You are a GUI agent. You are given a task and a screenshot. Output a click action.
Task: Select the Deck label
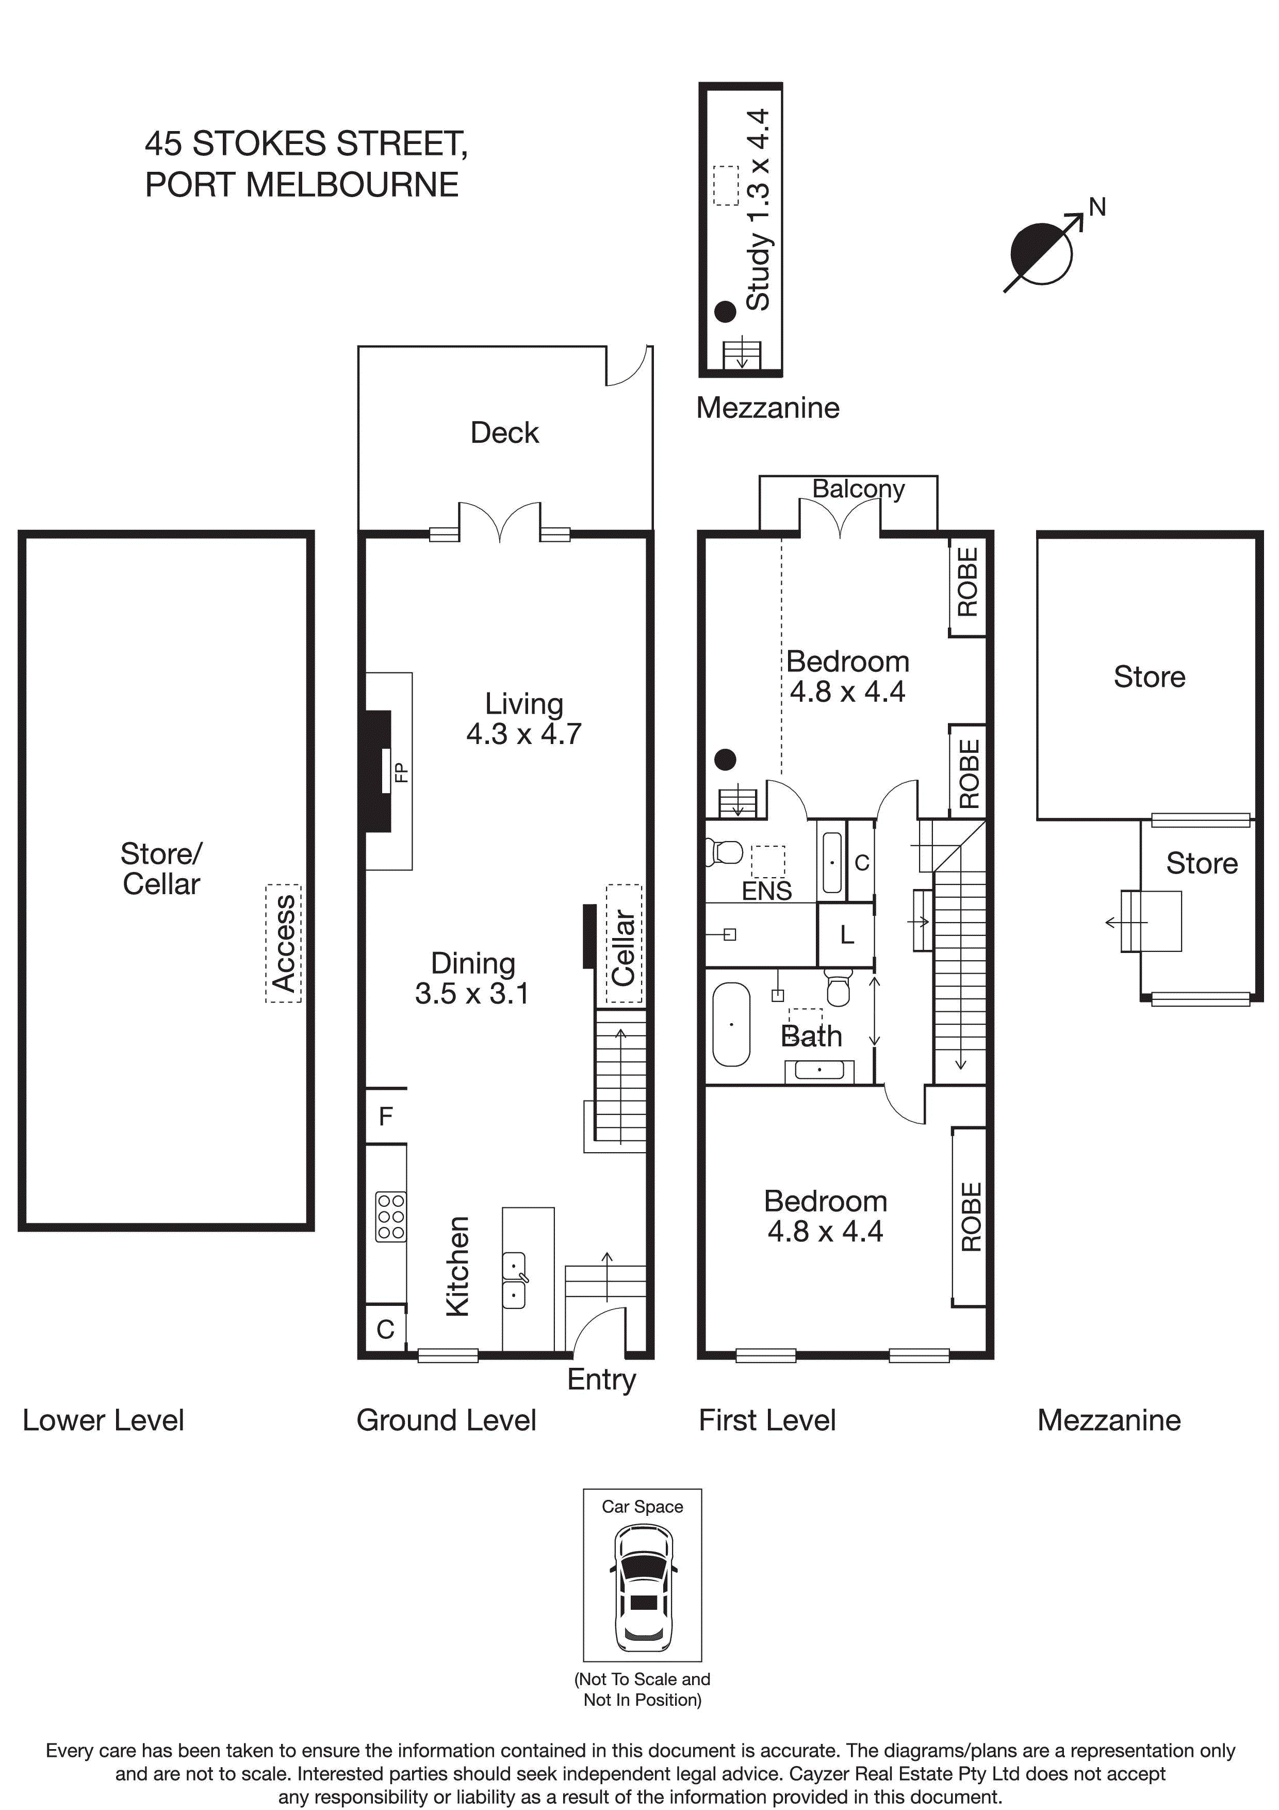pyautogui.click(x=504, y=433)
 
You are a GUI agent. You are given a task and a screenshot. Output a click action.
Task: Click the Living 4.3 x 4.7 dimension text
pyautogui.click(x=524, y=733)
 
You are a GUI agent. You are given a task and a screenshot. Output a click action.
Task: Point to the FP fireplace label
pyautogui.click(x=401, y=772)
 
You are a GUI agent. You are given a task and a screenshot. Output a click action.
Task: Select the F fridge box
pyautogui.click(x=386, y=1116)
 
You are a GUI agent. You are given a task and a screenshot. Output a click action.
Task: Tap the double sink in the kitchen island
pyautogui.click(x=514, y=1280)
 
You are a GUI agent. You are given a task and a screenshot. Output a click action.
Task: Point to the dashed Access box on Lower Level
pyautogui.click(x=284, y=943)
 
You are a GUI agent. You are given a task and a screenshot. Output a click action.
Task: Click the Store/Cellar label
pyautogui.click(x=161, y=869)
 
